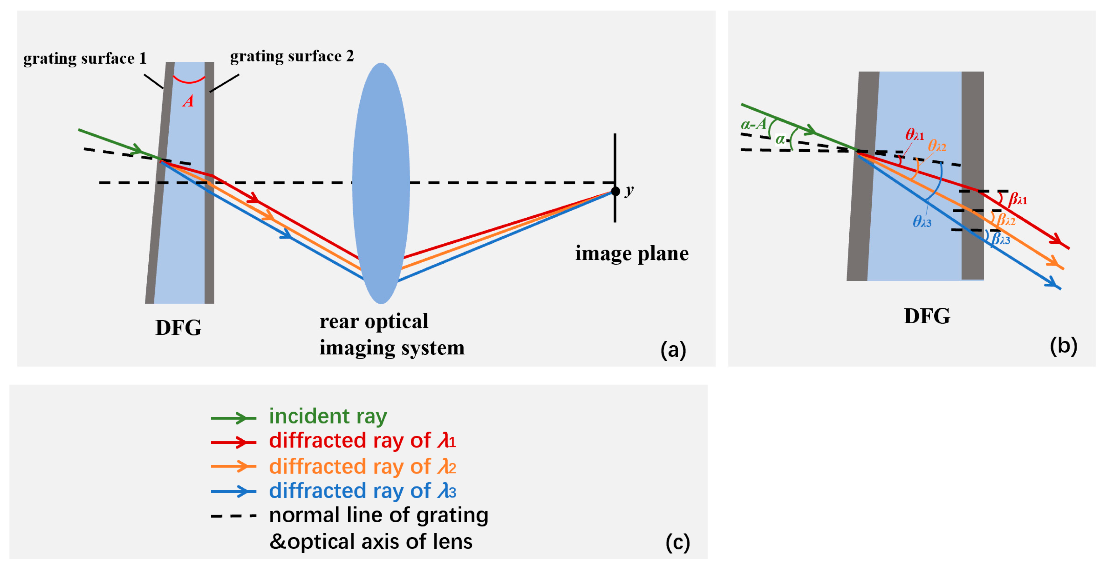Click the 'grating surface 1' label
tap(85, 58)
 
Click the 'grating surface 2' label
tap(292, 56)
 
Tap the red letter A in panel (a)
tap(188, 101)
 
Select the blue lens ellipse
tap(381, 183)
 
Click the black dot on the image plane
tap(615, 191)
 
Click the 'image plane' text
tap(632, 253)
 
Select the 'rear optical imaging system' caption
tap(392, 334)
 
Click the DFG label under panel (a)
tap(178, 328)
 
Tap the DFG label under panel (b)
tap(927, 316)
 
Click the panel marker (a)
tap(673, 350)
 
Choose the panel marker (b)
tap(1063, 345)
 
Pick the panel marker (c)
tap(677, 542)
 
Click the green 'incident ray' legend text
tap(328, 416)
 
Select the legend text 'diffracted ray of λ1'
tap(363, 441)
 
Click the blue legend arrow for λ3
tap(234, 491)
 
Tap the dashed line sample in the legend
tap(234, 516)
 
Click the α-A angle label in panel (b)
tap(753, 124)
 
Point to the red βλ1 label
tap(1017, 199)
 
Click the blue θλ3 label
tap(922, 221)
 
